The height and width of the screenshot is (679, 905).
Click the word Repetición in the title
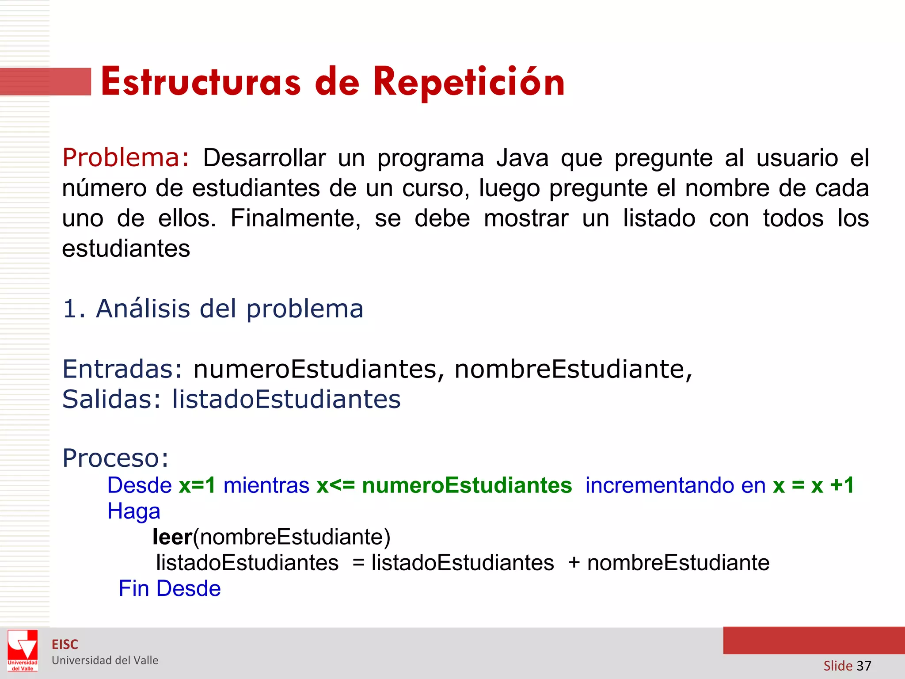tap(469, 83)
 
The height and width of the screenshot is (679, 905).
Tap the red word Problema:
tap(126, 158)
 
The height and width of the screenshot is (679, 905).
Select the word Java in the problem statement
tap(522, 158)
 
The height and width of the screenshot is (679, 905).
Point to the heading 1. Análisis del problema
tap(213, 309)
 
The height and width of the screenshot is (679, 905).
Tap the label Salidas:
tap(112, 399)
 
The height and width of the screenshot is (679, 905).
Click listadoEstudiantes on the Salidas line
tap(286, 399)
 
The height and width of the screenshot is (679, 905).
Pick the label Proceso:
tap(115, 458)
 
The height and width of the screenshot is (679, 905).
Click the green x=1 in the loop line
tap(197, 485)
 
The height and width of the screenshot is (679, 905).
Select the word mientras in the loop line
tap(266, 485)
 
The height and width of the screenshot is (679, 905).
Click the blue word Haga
tap(133, 511)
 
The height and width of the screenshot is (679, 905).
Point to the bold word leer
tap(172, 537)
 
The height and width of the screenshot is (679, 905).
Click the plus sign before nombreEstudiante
tap(574, 563)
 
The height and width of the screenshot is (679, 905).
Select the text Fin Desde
tap(170, 589)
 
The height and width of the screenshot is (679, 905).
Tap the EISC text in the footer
tap(65, 645)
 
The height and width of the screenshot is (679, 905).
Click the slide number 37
tap(863, 666)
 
